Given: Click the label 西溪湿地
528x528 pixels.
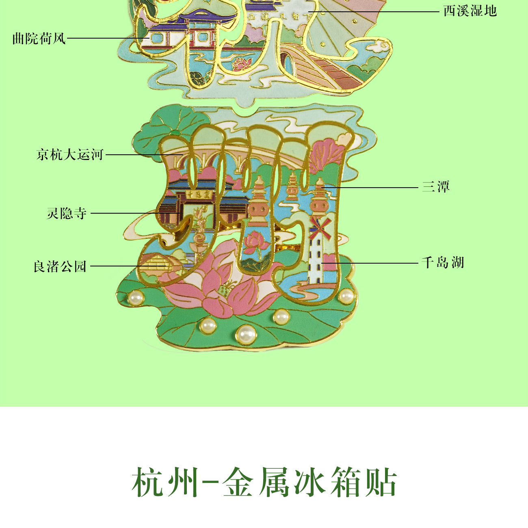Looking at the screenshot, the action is [470, 11].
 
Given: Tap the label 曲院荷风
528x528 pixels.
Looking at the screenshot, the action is [39, 39].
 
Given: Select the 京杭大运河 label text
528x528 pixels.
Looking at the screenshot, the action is [70, 155].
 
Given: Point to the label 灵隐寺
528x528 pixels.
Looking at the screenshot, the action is [67, 213].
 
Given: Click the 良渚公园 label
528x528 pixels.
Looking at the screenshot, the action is [60, 266].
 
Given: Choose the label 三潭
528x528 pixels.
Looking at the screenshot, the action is [436, 187].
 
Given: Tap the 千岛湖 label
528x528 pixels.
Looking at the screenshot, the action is [442, 263].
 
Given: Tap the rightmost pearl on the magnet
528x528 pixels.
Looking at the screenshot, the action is [346, 296].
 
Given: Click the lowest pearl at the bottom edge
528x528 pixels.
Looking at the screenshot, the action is [246, 334].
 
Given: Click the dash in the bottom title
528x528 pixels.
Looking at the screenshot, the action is [207, 483].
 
